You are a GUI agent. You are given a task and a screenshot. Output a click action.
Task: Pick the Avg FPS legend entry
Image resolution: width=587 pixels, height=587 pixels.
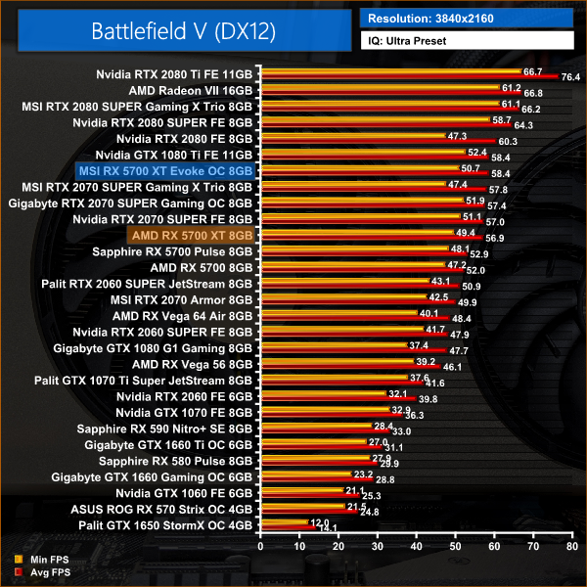click(x=43, y=571)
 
